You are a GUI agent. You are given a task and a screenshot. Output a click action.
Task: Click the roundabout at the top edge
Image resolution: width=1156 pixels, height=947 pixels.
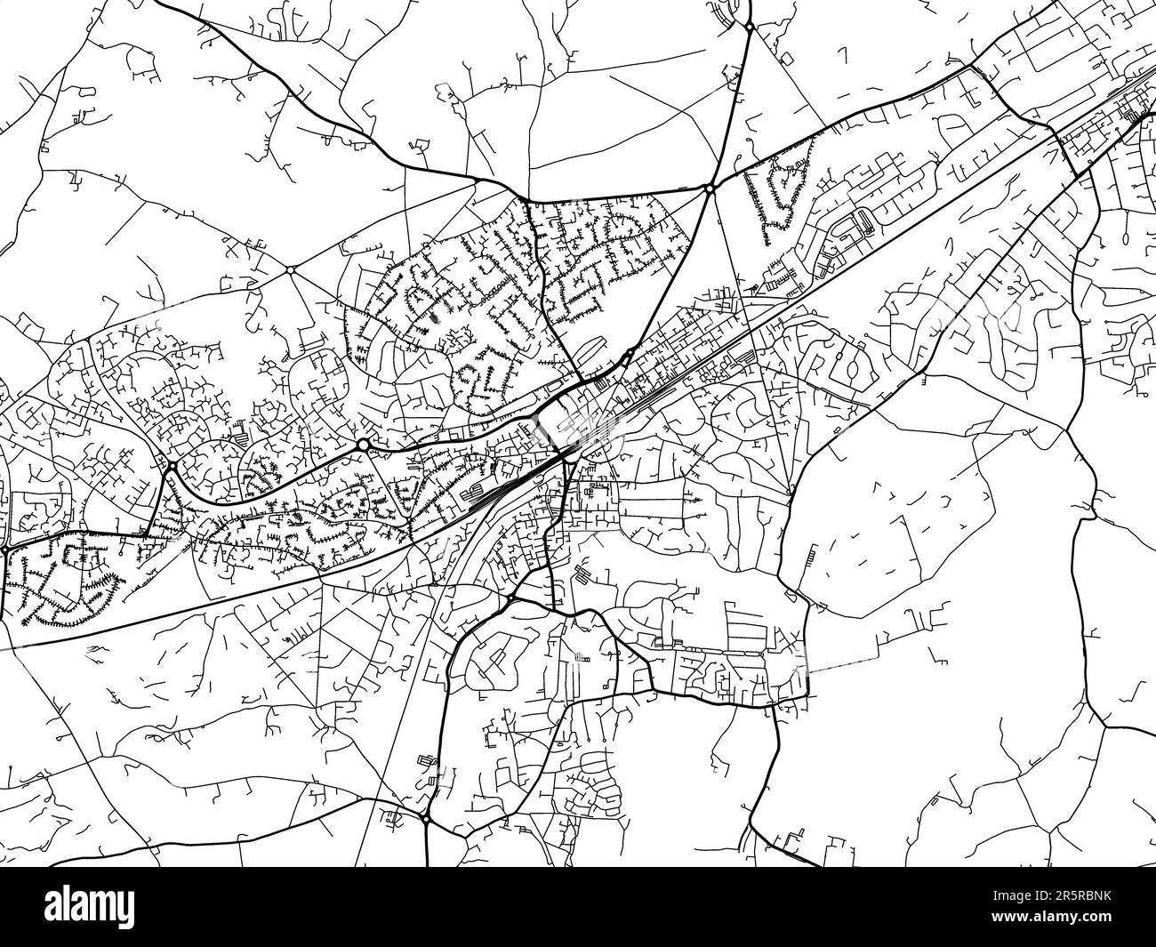click(750, 28)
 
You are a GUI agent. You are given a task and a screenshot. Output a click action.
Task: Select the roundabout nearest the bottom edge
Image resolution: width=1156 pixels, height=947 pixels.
click(426, 818)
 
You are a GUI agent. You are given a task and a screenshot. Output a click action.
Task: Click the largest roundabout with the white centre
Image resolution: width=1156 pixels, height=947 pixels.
click(363, 444)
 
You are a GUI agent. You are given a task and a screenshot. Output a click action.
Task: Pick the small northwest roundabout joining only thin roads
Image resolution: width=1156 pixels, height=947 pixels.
click(291, 269)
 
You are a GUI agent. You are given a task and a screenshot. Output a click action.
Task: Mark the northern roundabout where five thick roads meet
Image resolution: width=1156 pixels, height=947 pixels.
click(710, 189)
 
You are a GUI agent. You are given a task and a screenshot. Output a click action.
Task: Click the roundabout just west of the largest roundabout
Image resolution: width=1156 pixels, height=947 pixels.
click(172, 465)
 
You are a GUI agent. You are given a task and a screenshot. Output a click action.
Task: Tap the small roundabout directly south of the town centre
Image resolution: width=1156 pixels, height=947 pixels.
click(508, 603)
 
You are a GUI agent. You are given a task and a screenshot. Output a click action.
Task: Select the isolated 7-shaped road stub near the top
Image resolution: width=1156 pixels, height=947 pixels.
click(841, 55)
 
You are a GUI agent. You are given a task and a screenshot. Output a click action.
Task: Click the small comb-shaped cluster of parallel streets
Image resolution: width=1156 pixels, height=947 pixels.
click(813, 558)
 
